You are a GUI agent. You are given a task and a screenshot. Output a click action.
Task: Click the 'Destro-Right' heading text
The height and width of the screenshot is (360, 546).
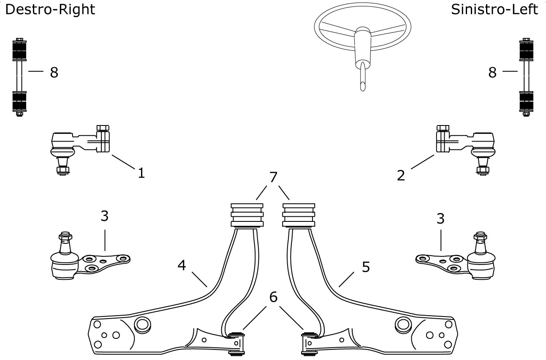[50, 10]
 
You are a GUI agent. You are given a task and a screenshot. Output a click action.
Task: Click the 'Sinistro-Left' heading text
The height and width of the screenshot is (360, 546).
[494, 10]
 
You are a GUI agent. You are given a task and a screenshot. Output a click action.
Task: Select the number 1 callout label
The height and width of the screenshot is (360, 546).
[141, 173]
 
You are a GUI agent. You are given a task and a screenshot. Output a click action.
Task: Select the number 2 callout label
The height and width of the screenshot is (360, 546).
[401, 175]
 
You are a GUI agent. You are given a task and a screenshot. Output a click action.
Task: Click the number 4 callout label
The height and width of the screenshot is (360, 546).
[182, 265]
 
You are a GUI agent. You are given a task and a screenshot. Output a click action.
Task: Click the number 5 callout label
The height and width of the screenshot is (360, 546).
[366, 267]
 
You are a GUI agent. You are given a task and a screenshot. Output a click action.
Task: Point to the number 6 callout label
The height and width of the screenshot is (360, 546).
[273, 297]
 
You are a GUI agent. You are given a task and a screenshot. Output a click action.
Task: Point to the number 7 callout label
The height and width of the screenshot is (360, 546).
[273, 177]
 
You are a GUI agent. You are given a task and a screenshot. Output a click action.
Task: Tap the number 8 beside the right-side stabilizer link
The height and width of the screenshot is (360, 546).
[54, 72]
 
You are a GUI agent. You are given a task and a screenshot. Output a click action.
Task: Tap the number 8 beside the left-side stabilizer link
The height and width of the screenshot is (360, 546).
[492, 72]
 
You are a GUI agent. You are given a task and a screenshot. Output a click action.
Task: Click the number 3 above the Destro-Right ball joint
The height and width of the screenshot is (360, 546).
[105, 216]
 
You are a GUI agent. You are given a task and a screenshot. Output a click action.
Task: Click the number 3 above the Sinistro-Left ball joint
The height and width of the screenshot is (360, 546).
[440, 218]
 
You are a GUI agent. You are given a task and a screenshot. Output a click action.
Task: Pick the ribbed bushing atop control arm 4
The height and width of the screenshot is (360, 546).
[247, 215]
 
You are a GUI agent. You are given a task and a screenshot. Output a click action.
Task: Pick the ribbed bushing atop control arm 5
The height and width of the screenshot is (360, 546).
[299, 215]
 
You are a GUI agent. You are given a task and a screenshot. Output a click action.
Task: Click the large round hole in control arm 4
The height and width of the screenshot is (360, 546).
[143, 325]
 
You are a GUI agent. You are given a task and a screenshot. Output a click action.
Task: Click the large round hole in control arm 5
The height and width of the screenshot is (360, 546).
[403, 325]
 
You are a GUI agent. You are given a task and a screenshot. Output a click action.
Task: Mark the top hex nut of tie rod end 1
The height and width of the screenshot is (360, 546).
[103, 128]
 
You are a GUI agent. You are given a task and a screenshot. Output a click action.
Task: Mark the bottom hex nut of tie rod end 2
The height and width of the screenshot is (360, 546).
[483, 170]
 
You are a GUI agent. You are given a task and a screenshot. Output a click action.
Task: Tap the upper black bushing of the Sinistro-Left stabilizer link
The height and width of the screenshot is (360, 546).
[526, 51]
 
